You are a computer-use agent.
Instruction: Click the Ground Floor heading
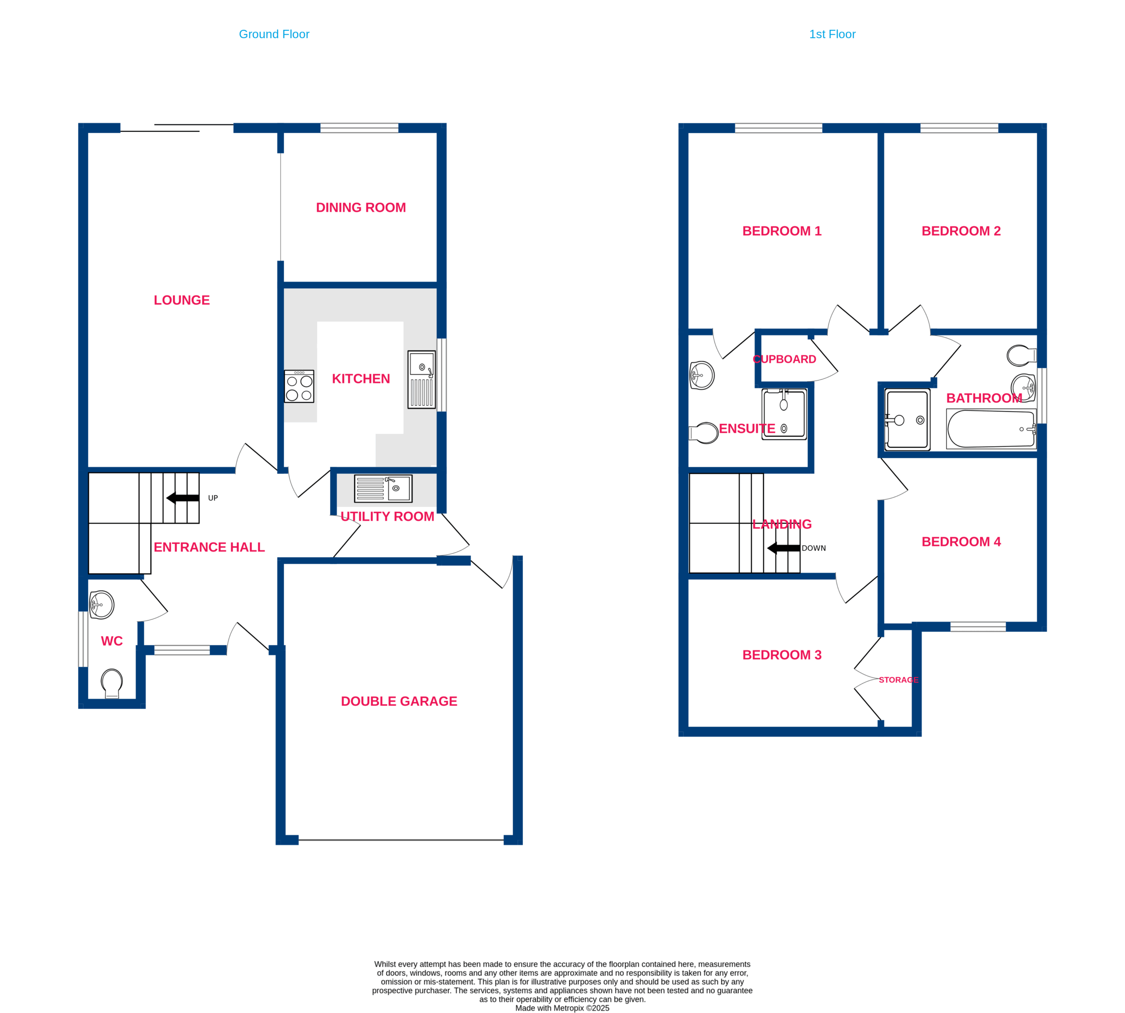274,34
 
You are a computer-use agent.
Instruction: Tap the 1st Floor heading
832,34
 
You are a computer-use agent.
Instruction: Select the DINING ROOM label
361,207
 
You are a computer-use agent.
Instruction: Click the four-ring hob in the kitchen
299,386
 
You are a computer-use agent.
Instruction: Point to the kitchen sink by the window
421,380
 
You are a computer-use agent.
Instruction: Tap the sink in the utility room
383,489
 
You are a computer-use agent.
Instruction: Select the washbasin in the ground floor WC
102,604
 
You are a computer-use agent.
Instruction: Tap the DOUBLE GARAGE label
399,701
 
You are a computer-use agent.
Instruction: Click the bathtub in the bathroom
991,428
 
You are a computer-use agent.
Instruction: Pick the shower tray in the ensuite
784,414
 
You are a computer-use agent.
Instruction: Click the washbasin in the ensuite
702,375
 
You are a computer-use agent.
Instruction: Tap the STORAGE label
898,679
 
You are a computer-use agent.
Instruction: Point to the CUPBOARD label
784,359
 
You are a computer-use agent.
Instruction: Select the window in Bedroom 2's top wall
959,128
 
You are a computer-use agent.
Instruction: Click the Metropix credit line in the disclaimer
562,1008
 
